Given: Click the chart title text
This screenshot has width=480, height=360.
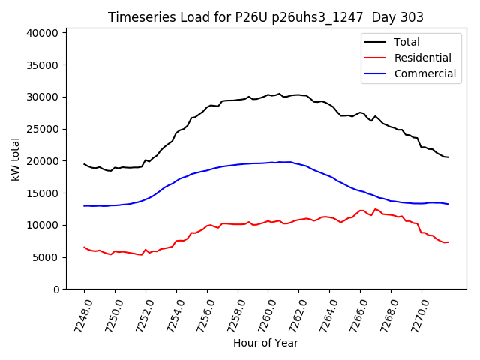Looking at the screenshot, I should (x=265, y=17).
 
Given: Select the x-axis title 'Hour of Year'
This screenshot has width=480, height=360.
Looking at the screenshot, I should (x=265, y=343).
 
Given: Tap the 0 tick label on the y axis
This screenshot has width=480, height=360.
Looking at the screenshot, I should (x=56, y=289).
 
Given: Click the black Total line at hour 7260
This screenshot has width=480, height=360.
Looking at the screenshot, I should (x=268, y=95).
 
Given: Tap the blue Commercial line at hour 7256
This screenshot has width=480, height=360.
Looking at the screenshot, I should (x=207, y=169).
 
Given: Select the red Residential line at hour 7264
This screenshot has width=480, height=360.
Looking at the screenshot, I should (x=330, y=217).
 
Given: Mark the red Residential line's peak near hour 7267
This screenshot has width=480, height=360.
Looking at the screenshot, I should (x=376, y=209).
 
